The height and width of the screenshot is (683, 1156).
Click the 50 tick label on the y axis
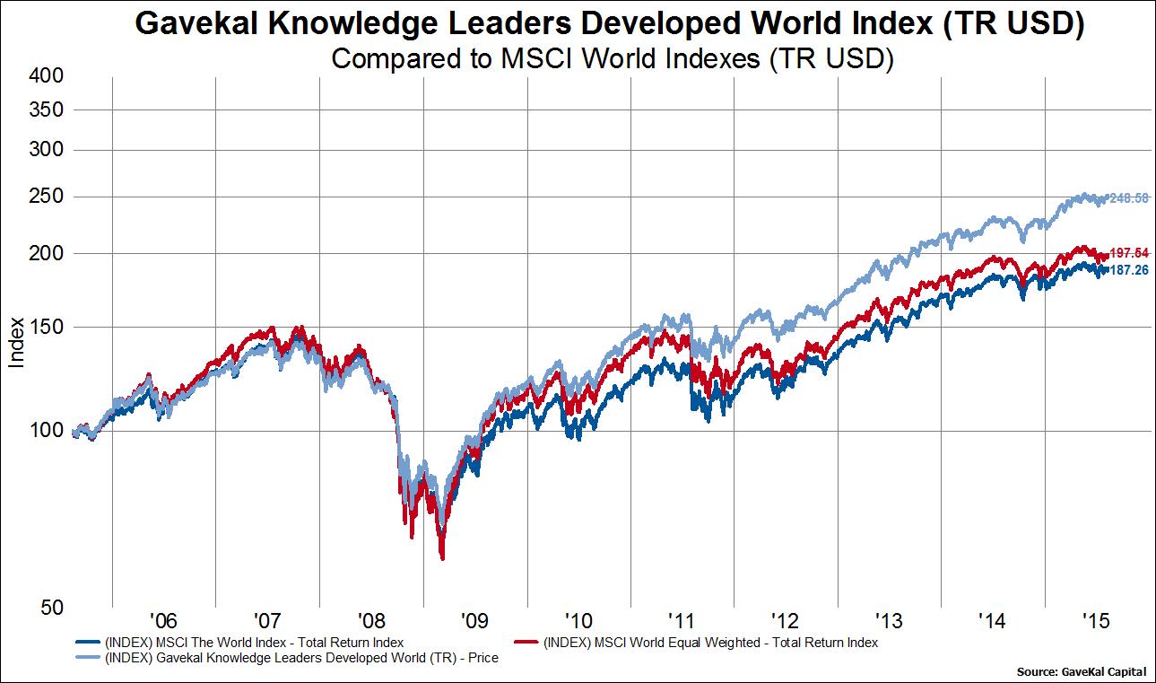click(x=52, y=608)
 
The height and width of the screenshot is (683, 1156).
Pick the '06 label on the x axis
click(x=163, y=620)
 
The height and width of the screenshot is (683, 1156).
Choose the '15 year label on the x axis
click(x=1096, y=620)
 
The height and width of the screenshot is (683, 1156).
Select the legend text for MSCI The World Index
click(x=255, y=643)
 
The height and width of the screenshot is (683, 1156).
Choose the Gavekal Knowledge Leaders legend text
click(x=301, y=658)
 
